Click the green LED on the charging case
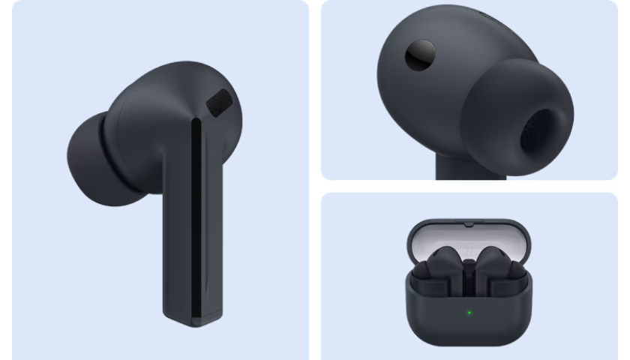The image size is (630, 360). tap(469, 312)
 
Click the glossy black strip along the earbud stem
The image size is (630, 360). tap(196, 217)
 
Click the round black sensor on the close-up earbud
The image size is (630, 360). tap(419, 55)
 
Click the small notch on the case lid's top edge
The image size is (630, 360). tap(469, 223)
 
